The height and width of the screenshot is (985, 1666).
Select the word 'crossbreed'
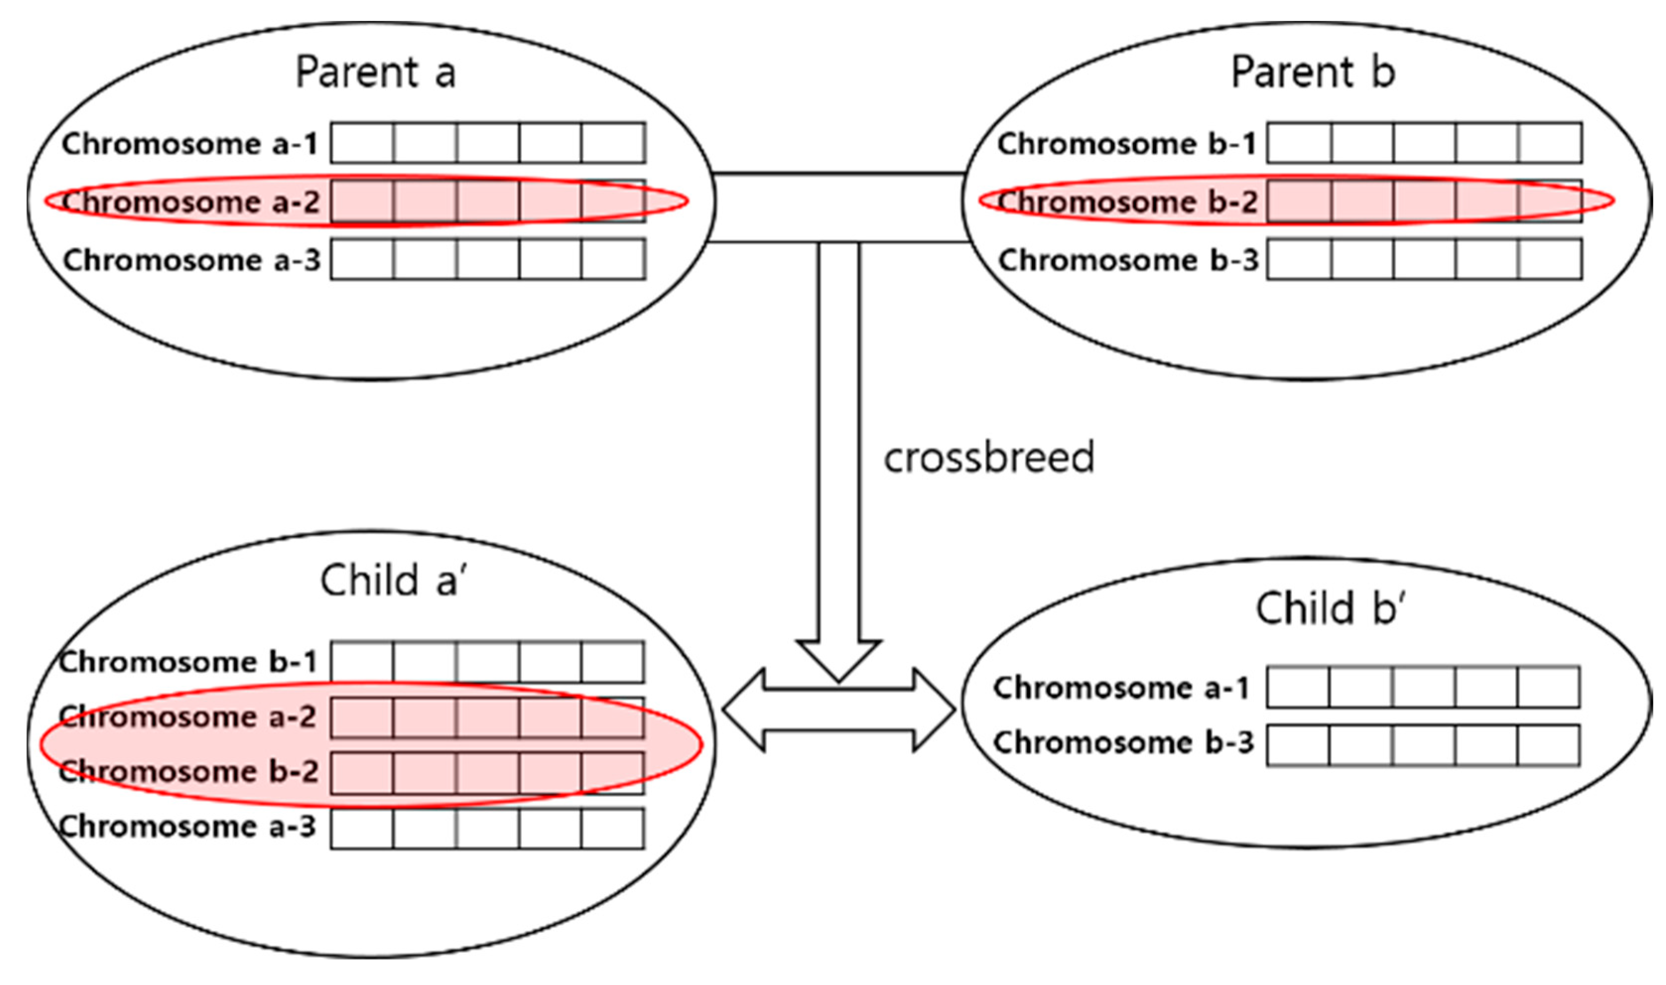[989, 457]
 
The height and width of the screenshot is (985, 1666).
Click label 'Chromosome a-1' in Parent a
[191, 144]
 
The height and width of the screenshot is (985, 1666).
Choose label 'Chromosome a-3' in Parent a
[191, 259]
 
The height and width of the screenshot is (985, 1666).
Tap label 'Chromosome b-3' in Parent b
[1128, 259]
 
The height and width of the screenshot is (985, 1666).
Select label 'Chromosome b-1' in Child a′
[188, 662]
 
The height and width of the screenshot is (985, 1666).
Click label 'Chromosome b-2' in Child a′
[189, 771]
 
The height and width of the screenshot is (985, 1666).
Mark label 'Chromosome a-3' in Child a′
[188, 826]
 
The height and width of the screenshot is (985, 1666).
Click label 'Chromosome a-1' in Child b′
[1122, 687]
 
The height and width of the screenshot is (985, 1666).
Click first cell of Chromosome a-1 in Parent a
[362, 143]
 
